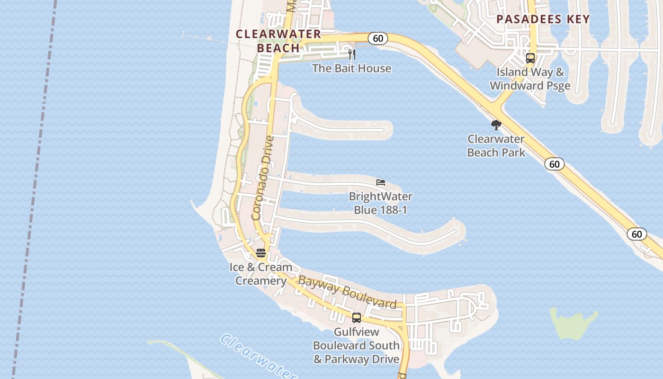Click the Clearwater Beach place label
tap(278, 41)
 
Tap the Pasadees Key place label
tap(543, 19)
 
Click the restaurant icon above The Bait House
tap(352, 54)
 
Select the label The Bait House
tap(351, 68)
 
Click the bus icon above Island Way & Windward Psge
tap(530, 58)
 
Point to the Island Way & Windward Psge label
tap(530, 79)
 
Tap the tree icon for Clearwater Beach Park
tap(496, 125)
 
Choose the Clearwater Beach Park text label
tap(496, 145)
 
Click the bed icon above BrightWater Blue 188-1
tap(381, 182)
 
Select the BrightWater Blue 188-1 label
tap(380, 203)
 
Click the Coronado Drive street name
tap(263, 178)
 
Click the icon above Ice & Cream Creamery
tap(261, 253)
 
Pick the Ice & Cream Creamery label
tap(261, 274)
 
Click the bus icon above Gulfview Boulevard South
tap(357, 318)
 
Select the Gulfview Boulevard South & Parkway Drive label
tap(357, 345)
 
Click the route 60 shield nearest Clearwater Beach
tap(378, 38)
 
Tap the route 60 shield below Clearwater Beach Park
tap(554, 164)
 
